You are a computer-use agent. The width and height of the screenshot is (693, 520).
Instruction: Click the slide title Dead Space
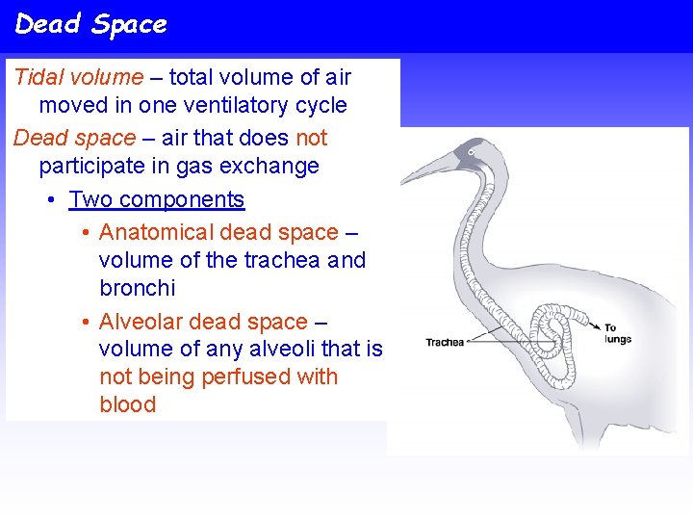(x=90, y=24)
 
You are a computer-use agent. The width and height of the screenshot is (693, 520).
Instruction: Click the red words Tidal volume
(x=78, y=78)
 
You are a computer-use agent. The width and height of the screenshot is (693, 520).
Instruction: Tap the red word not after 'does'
(x=311, y=139)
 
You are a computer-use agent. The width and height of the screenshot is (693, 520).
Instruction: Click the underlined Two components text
(x=157, y=200)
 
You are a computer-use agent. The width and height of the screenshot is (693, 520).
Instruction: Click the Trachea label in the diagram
(x=445, y=342)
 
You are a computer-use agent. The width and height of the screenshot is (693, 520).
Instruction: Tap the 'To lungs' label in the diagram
(x=617, y=333)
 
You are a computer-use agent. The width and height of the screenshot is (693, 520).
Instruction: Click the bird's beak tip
(x=403, y=181)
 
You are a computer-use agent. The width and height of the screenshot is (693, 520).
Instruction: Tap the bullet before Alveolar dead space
(x=87, y=322)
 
